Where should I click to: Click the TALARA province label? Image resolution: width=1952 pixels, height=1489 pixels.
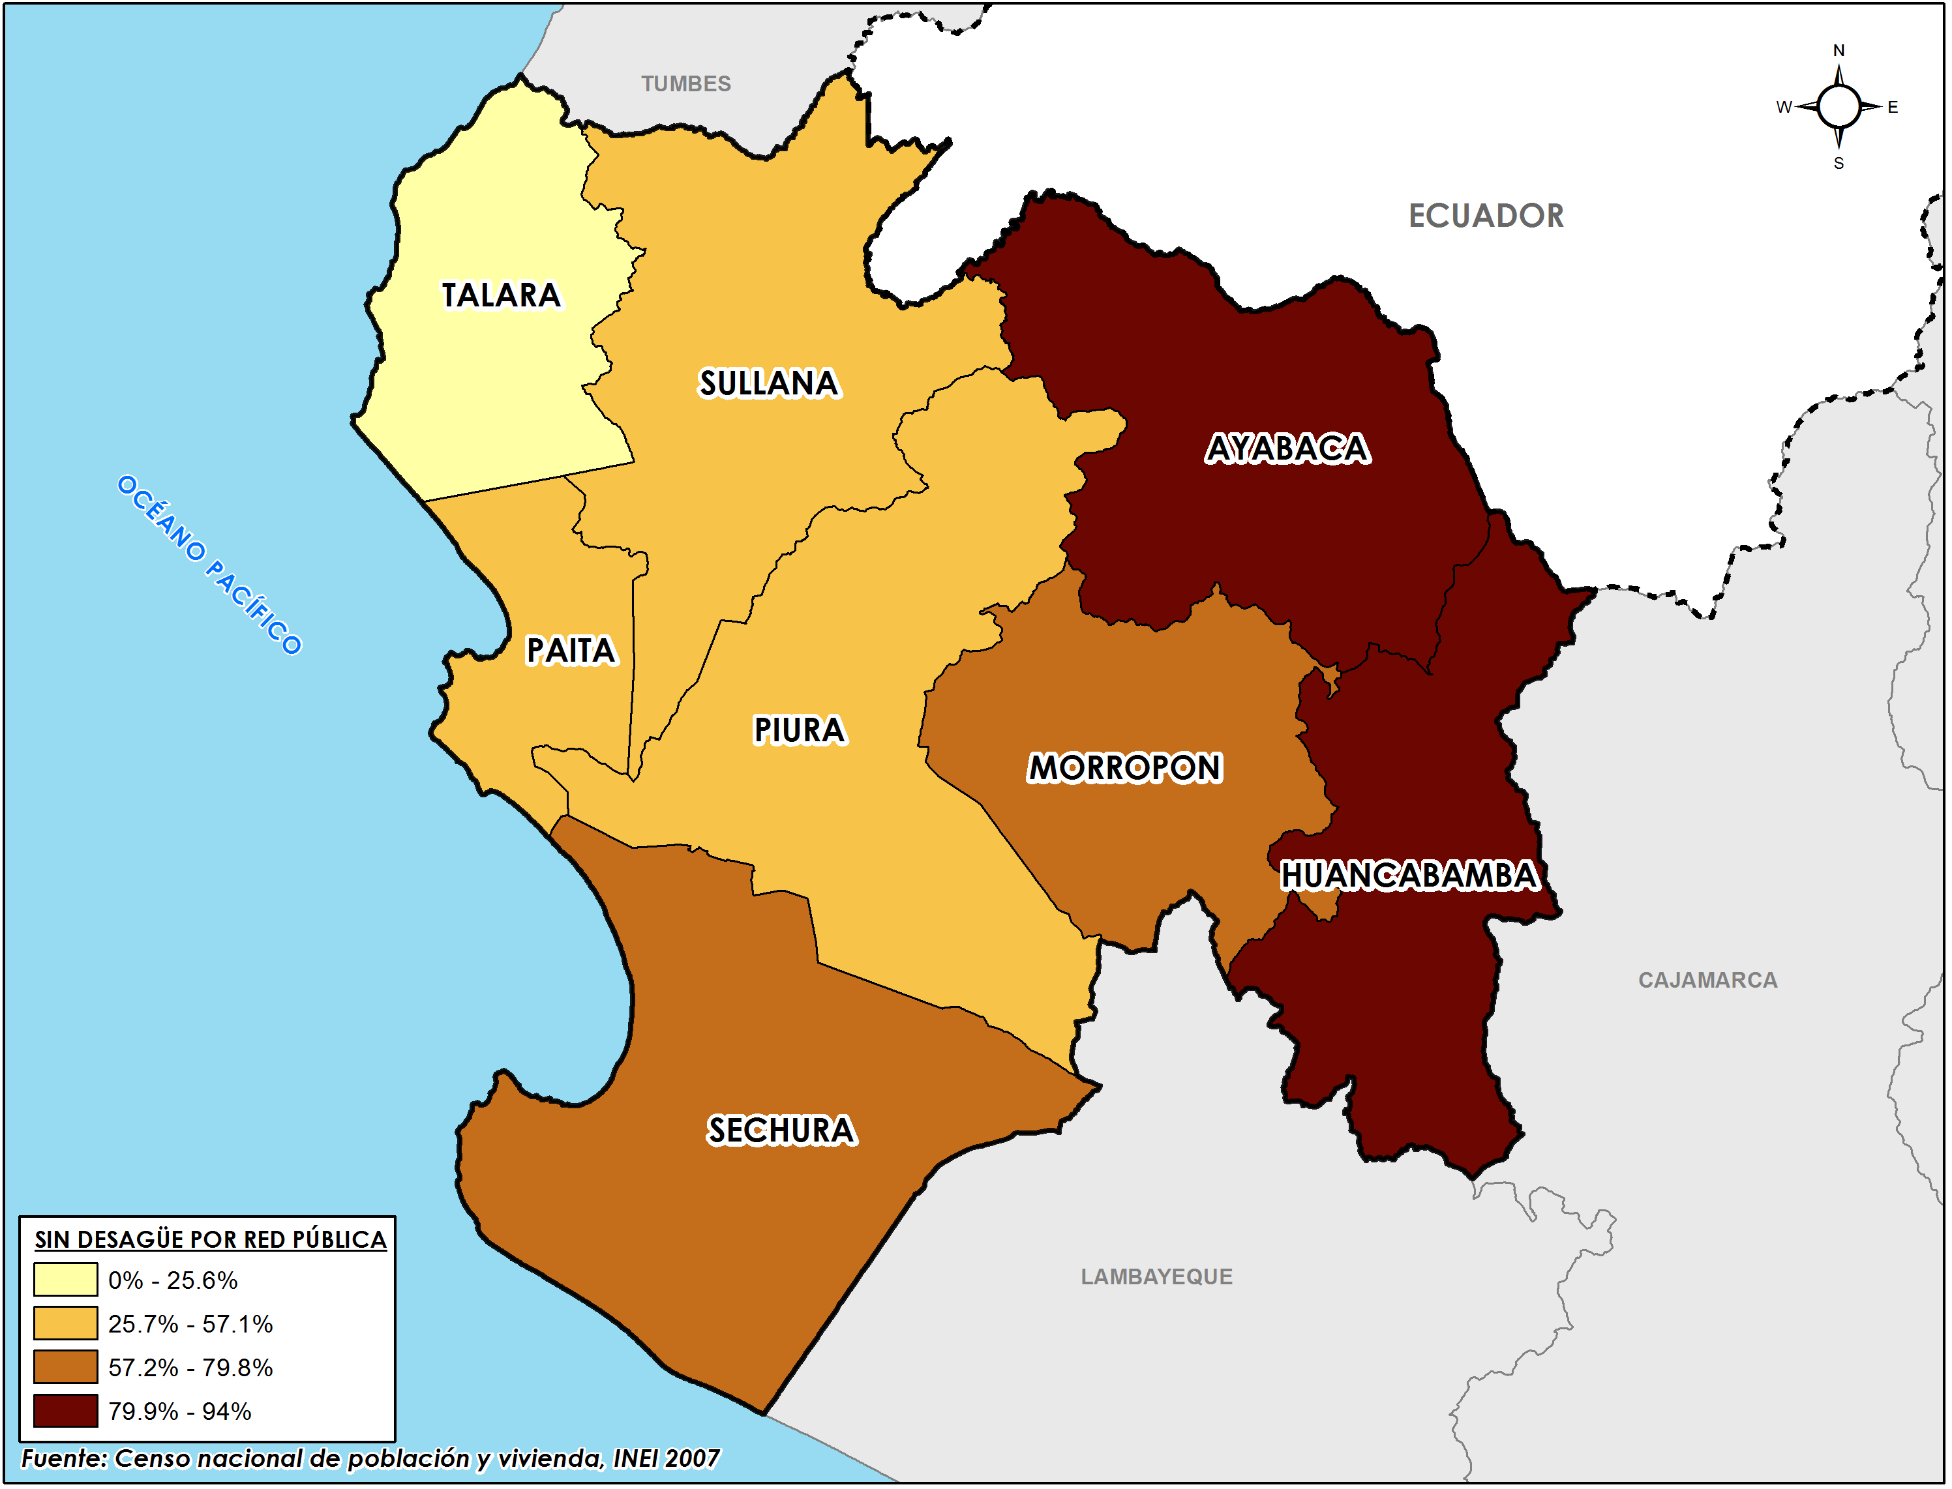501,295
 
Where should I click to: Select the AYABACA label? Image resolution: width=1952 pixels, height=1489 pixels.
1287,449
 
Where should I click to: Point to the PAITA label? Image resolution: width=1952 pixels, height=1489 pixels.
571,651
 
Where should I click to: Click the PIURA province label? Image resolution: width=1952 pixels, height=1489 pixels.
800,730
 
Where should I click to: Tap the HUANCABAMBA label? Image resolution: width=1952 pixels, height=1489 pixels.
1409,876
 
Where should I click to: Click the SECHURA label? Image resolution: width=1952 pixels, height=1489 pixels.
781,1131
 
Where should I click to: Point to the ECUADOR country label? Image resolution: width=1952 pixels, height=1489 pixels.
1486,215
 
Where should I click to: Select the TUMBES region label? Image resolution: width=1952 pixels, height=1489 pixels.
686,83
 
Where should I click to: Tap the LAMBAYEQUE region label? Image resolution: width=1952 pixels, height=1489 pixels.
1156,1277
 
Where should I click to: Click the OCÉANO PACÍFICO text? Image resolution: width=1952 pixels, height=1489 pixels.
209,565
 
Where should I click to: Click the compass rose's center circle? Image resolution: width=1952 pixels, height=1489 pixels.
1839,108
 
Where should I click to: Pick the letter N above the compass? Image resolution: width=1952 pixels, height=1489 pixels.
1839,50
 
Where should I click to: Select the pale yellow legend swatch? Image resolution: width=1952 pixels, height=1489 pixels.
66,1280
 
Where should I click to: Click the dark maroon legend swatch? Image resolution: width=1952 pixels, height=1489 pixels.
66,1411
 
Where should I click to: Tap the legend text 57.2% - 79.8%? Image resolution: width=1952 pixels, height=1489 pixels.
190,1368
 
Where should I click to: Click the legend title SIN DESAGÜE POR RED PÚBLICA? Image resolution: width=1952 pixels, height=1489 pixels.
210,1239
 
